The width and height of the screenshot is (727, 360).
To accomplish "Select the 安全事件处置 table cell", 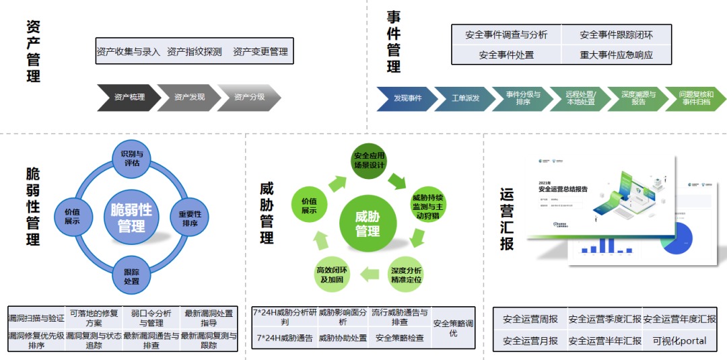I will (506, 55).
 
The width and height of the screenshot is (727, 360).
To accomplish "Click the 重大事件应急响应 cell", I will (616, 55).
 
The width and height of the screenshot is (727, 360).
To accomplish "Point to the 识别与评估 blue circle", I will (132, 159).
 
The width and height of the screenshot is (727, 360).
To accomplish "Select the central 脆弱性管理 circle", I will (132, 218).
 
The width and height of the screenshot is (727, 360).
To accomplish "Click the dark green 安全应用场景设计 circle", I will (368, 161).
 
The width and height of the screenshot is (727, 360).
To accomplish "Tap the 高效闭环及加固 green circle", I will (331, 275).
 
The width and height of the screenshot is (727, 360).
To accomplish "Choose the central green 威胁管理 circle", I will (368, 223).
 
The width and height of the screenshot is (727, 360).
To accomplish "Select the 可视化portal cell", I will (679, 340).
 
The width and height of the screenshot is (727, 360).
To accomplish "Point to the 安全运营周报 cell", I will (530, 319).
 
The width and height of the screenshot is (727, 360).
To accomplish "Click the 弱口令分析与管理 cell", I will (151, 318).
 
